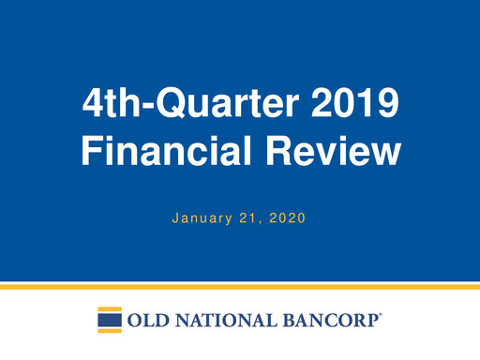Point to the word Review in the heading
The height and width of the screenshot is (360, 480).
pos(329,151)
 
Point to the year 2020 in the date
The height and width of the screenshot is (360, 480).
pos(289,219)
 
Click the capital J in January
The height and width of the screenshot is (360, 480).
pos(175,219)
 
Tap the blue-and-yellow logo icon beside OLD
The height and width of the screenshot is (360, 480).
pos(110,320)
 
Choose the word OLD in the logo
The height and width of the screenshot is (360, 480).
pos(148,321)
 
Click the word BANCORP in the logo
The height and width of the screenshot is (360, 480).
pos(327,321)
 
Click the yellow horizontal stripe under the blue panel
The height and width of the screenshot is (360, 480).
pos(240,286)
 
